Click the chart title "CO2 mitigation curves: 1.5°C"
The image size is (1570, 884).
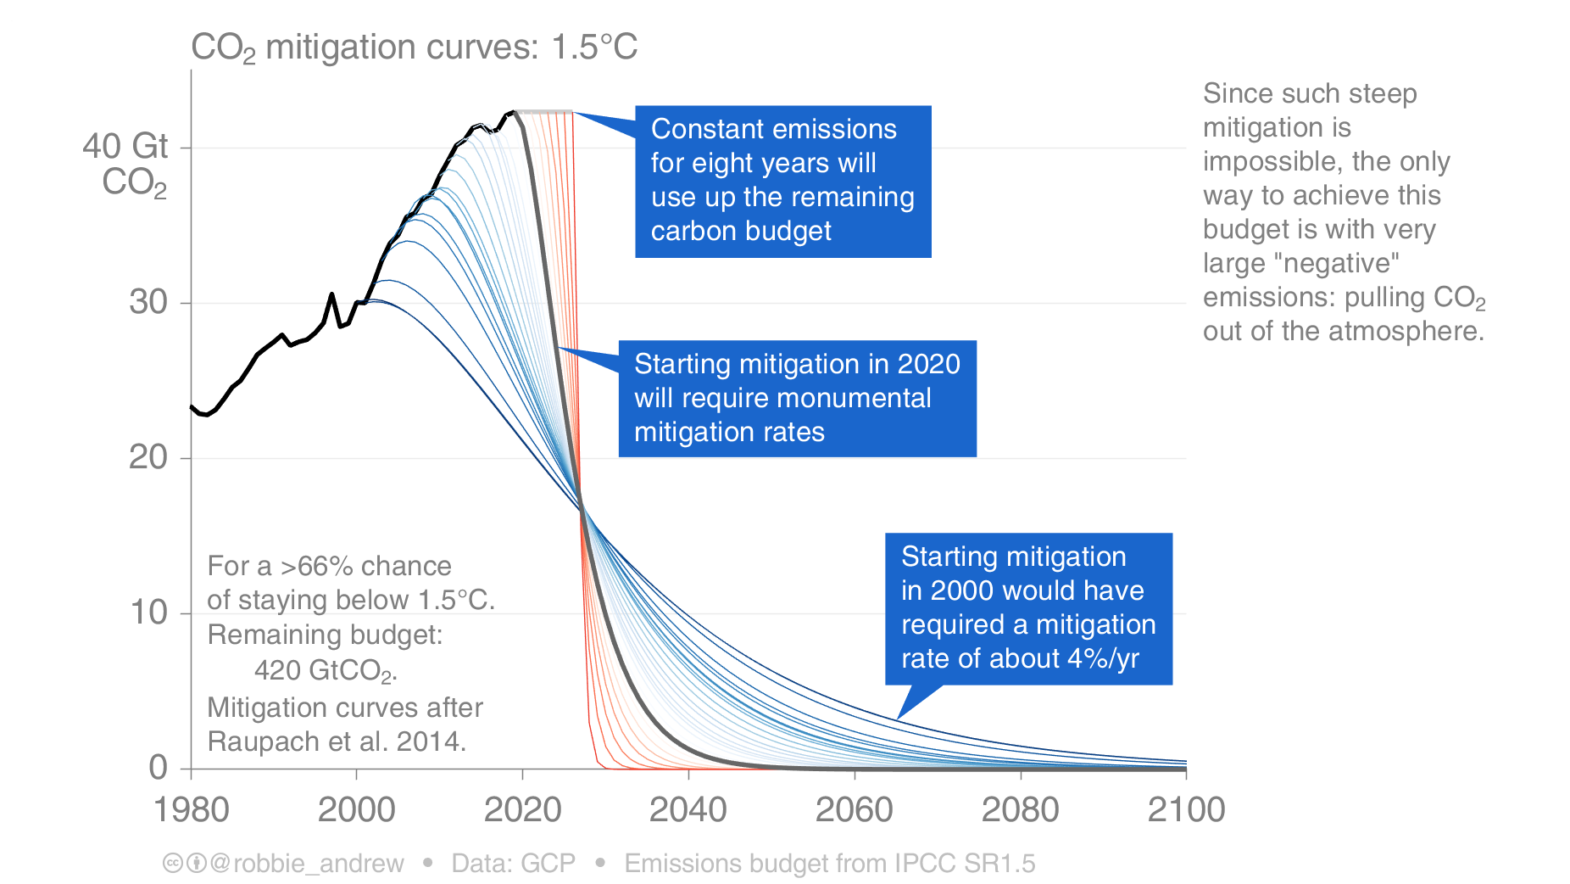point(414,48)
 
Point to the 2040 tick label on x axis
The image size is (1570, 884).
point(688,809)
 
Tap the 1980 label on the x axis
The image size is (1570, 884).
point(191,809)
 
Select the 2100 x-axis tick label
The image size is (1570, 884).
point(1185,809)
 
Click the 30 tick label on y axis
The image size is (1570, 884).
point(148,303)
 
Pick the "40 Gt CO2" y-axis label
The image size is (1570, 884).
point(127,164)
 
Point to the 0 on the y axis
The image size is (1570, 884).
point(158,768)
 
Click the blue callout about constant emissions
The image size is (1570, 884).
point(782,181)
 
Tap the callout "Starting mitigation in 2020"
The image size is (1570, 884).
point(797,398)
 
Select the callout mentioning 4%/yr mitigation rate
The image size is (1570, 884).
point(1027,607)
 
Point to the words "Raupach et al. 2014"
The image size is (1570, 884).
point(337,742)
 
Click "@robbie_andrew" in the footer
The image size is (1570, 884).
point(307,864)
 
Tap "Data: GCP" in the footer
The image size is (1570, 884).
point(513,864)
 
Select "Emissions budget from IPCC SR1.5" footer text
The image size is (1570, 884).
point(829,864)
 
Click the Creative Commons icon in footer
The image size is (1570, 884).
point(173,864)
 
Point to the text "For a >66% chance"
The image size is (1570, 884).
point(329,566)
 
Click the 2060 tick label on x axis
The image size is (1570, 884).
point(854,809)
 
